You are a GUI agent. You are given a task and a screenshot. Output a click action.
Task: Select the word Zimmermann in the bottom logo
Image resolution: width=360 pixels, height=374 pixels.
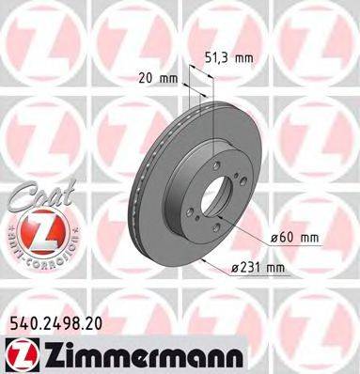click(131, 351)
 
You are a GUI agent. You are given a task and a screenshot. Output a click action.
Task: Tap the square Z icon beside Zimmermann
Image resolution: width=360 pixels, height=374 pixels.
click(22, 351)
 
